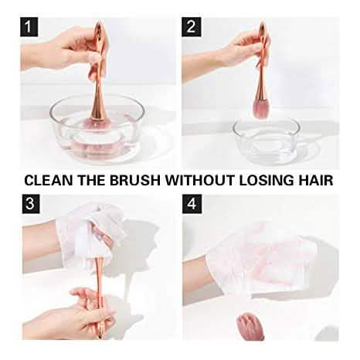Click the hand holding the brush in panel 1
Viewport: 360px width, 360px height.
click(x=73, y=48)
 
